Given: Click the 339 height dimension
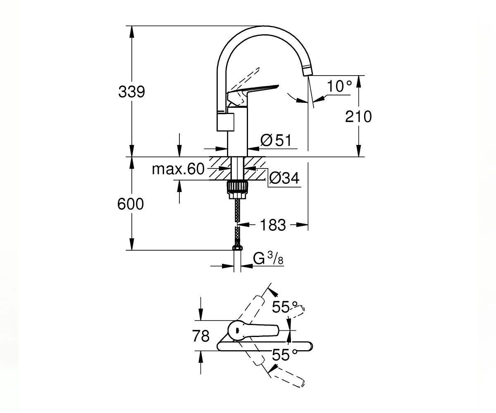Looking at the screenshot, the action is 131,92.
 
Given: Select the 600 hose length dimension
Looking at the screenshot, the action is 131,204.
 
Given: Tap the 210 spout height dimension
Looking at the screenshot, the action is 358,116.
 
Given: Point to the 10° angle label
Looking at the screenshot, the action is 339,86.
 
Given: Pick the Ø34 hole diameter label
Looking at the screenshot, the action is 284,178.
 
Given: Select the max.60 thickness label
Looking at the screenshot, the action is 178,169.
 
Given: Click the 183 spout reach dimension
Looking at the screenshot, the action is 273,225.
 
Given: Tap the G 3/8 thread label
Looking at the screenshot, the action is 268,258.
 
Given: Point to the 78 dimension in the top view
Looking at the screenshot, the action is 201,336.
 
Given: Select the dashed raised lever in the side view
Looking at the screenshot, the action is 245,81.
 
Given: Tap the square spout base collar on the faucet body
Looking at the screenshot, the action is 225,121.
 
